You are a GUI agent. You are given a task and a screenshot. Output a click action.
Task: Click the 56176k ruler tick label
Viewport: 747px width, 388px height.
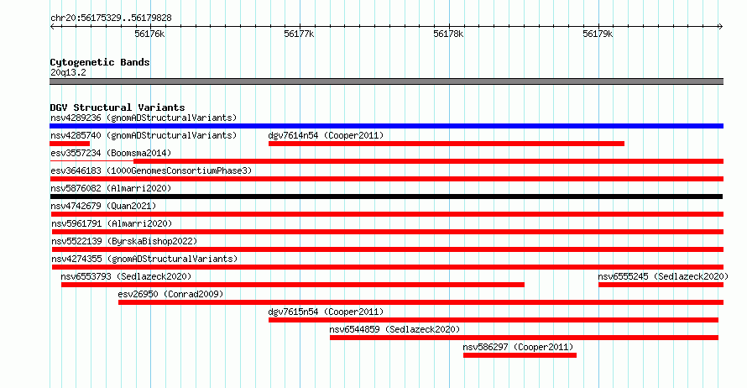tap(149, 34)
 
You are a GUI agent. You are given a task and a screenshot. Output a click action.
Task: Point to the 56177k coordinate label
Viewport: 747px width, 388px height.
tap(299, 34)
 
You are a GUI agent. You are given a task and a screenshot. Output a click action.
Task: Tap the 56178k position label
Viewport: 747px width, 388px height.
tap(448, 34)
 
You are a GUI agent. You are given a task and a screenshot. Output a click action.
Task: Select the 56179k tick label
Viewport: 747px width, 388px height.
tap(598, 34)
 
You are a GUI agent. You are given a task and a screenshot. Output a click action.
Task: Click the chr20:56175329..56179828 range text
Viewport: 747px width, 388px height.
tap(111, 18)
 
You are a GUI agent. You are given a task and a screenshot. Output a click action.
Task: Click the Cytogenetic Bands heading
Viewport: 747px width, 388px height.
tap(100, 62)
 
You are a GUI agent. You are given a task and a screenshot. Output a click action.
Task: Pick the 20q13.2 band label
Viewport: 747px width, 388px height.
tap(68, 72)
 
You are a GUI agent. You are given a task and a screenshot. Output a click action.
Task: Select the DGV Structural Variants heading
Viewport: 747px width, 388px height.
tap(118, 107)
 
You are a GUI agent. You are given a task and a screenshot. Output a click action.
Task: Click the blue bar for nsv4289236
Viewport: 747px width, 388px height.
tap(386, 126)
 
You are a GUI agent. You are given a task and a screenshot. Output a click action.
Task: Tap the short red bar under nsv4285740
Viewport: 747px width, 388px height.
tap(70, 144)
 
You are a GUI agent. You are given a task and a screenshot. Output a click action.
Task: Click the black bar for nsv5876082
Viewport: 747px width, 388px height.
tap(386, 197)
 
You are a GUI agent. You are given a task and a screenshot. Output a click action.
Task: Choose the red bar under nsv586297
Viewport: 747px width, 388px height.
tap(520, 355)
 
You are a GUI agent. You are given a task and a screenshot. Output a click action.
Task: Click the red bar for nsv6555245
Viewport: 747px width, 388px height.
tap(661, 285)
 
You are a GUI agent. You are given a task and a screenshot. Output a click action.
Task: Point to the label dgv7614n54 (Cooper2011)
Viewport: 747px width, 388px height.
tap(326, 135)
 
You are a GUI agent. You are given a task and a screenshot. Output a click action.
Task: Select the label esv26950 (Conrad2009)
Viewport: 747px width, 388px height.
tap(170, 294)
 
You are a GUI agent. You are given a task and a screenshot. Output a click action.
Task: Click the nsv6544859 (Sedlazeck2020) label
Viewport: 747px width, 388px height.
tap(394, 329)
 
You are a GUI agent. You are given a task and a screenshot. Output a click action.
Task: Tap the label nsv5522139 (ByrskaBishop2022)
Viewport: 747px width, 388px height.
tap(124, 241)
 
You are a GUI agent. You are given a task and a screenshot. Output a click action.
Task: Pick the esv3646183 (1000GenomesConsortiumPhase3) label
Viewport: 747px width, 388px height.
tap(151, 170)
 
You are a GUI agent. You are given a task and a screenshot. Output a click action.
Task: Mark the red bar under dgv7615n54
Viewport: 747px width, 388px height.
tap(493, 320)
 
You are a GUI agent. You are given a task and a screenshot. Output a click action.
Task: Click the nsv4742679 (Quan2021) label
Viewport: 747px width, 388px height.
tap(103, 206)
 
